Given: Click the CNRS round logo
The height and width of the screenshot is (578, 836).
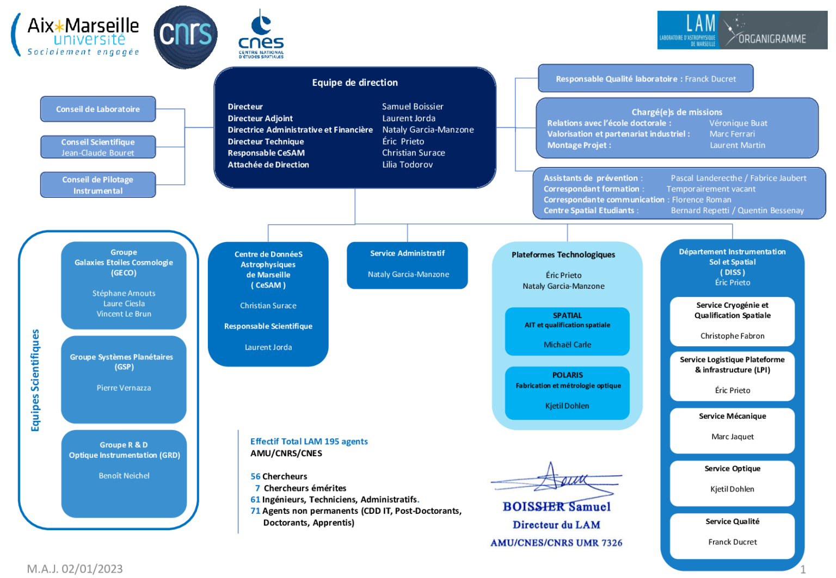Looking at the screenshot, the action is pos(186,36).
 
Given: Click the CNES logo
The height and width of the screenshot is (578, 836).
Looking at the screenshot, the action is pos(261,34).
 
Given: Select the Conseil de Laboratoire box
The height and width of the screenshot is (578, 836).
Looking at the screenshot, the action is pos(98,109).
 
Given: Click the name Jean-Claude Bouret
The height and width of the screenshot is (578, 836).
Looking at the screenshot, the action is pos(98,153).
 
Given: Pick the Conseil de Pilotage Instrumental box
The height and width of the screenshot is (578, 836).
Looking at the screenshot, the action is pos(98,185).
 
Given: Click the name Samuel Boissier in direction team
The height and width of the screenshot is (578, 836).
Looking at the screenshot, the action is pos(413,107).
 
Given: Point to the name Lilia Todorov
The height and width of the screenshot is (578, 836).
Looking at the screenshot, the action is pos(407,165).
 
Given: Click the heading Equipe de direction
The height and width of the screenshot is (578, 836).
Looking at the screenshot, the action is pos(355,83).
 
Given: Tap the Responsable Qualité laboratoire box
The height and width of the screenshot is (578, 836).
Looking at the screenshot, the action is pos(646,79).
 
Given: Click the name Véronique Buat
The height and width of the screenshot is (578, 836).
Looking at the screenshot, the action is pos(738,123).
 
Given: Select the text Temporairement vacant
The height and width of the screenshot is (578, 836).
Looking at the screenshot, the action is pos(711,189).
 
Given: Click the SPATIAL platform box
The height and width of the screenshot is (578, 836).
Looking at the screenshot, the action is pos(567,331).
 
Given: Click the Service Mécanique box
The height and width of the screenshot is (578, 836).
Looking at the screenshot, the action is pos(732,430).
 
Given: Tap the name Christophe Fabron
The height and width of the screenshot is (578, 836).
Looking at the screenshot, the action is pos(732,336).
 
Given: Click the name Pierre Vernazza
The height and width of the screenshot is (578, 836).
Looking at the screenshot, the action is pos(124,388).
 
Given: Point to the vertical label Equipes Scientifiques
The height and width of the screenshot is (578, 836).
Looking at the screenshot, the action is pos(35,380).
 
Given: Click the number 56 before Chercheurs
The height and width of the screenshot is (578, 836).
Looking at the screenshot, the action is pos(255,477).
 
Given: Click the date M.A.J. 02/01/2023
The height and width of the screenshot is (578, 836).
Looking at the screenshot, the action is pos(75,569).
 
